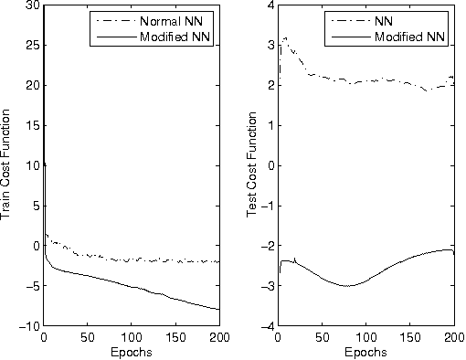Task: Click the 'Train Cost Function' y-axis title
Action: pos(7,165)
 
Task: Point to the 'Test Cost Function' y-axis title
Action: pos(253,165)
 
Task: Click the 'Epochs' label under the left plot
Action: pos(132,352)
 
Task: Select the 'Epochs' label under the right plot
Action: pos(365,352)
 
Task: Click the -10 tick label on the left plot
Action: pos(29,326)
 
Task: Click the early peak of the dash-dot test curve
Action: pos(286,37)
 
